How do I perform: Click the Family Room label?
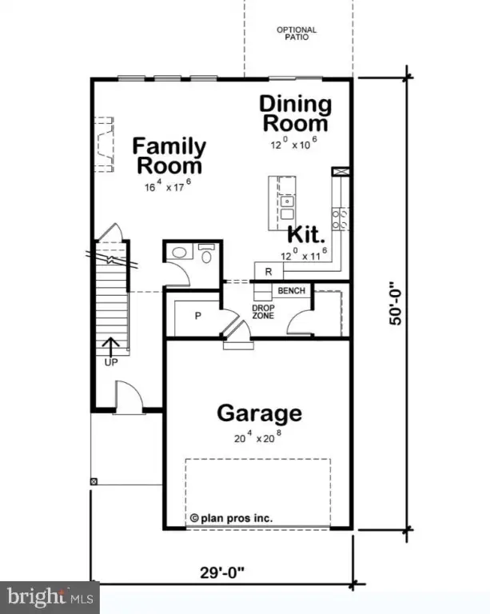[169, 157]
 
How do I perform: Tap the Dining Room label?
[295, 114]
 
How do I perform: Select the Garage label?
[260, 413]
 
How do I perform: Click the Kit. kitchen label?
[305, 236]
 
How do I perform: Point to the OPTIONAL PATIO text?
[297, 34]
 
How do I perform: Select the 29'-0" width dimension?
[221, 572]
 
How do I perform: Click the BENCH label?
[292, 290]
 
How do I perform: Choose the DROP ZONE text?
[264, 312]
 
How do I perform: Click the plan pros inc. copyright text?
[231, 518]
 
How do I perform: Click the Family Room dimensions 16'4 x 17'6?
[169, 187]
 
